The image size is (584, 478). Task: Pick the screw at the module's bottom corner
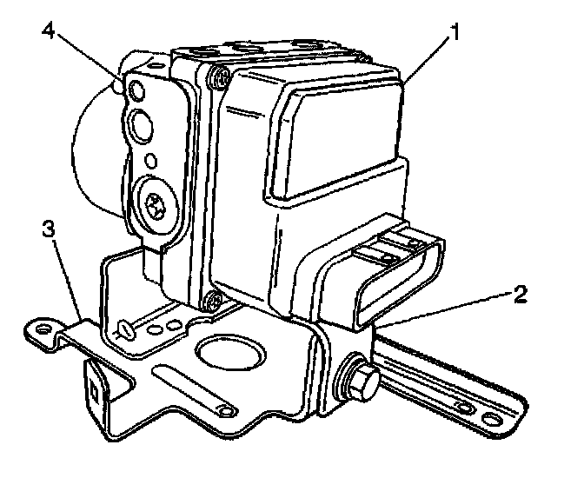(210, 302)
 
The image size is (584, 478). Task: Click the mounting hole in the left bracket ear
(39, 327)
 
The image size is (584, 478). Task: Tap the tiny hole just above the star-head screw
(152, 160)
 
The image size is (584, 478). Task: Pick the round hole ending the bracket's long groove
(227, 410)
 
